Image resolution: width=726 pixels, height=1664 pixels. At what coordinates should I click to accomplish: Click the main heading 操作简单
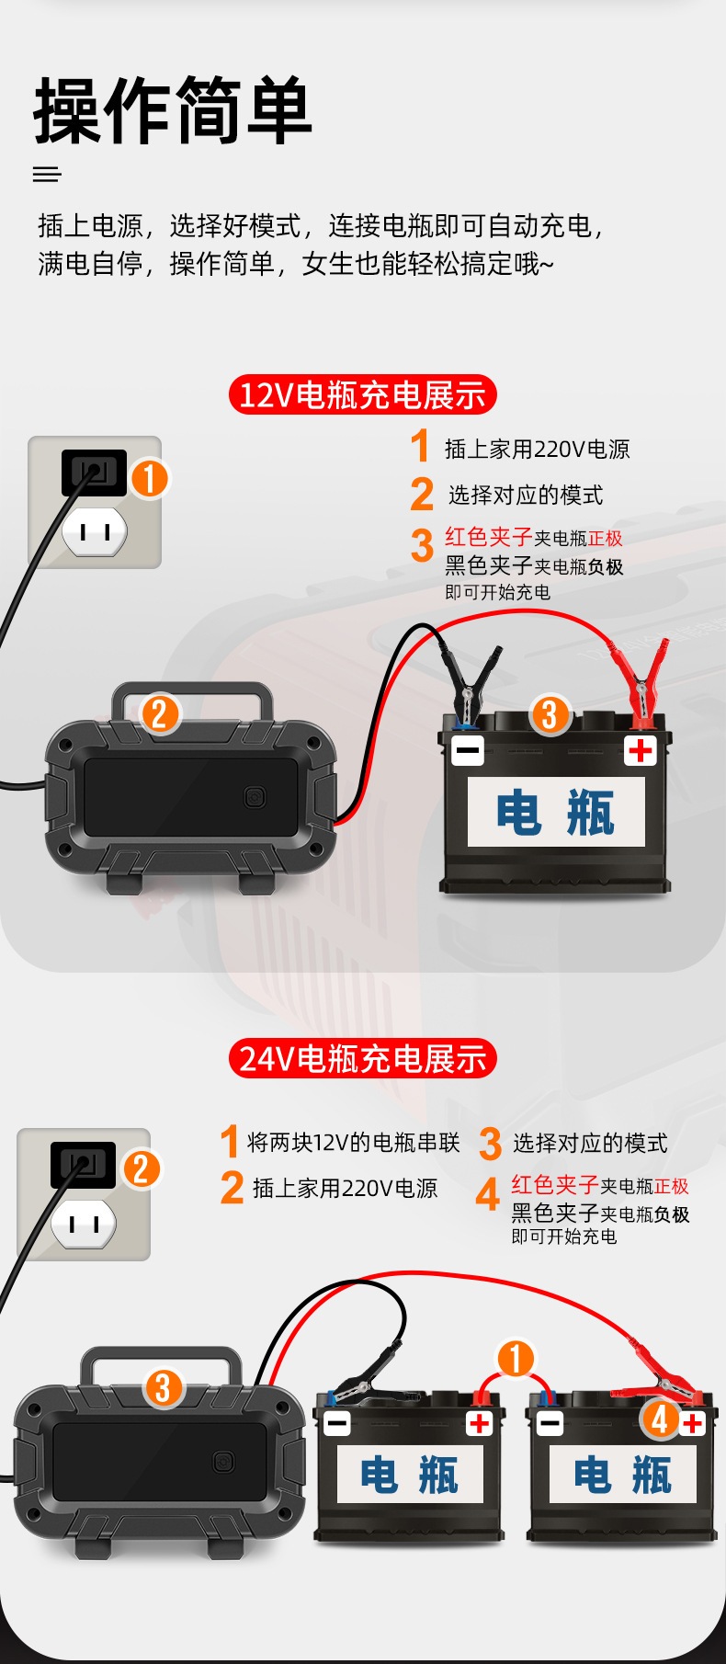tap(173, 110)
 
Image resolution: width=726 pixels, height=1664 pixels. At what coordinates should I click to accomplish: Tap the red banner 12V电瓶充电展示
tap(362, 395)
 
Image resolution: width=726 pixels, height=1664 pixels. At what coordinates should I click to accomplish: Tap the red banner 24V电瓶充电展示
tap(362, 1059)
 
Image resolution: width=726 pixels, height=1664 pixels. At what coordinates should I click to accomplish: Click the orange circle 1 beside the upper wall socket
tap(150, 478)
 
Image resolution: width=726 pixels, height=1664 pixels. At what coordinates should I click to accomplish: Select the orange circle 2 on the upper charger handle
tap(160, 713)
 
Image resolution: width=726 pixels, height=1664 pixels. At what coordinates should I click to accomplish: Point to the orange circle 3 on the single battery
tap(550, 714)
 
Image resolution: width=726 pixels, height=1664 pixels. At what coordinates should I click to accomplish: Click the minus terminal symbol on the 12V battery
tap(467, 750)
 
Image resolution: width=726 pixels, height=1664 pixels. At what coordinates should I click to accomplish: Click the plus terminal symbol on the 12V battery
tap(641, 750)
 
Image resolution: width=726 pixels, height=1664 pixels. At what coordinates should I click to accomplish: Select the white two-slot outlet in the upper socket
tap(95, 531)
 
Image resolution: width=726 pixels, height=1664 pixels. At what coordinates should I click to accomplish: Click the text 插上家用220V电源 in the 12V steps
tap(537, 450)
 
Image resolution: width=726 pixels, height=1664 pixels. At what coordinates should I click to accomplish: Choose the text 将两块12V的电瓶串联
tap(353, 1143)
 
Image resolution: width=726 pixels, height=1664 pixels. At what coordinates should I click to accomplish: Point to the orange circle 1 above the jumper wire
tap(516, 1358)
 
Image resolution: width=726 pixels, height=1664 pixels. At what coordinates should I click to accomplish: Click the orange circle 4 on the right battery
tap(660, 1418)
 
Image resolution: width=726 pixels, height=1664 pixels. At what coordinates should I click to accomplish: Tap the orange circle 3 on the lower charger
tap(164, 1387)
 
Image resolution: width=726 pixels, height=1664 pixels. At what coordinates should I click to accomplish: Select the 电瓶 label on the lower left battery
tap(409, 1475)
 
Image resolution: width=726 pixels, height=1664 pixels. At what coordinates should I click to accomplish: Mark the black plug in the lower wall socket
tap(83, 1165)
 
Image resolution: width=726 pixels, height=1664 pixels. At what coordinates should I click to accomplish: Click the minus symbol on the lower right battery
tap(550, 1423)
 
